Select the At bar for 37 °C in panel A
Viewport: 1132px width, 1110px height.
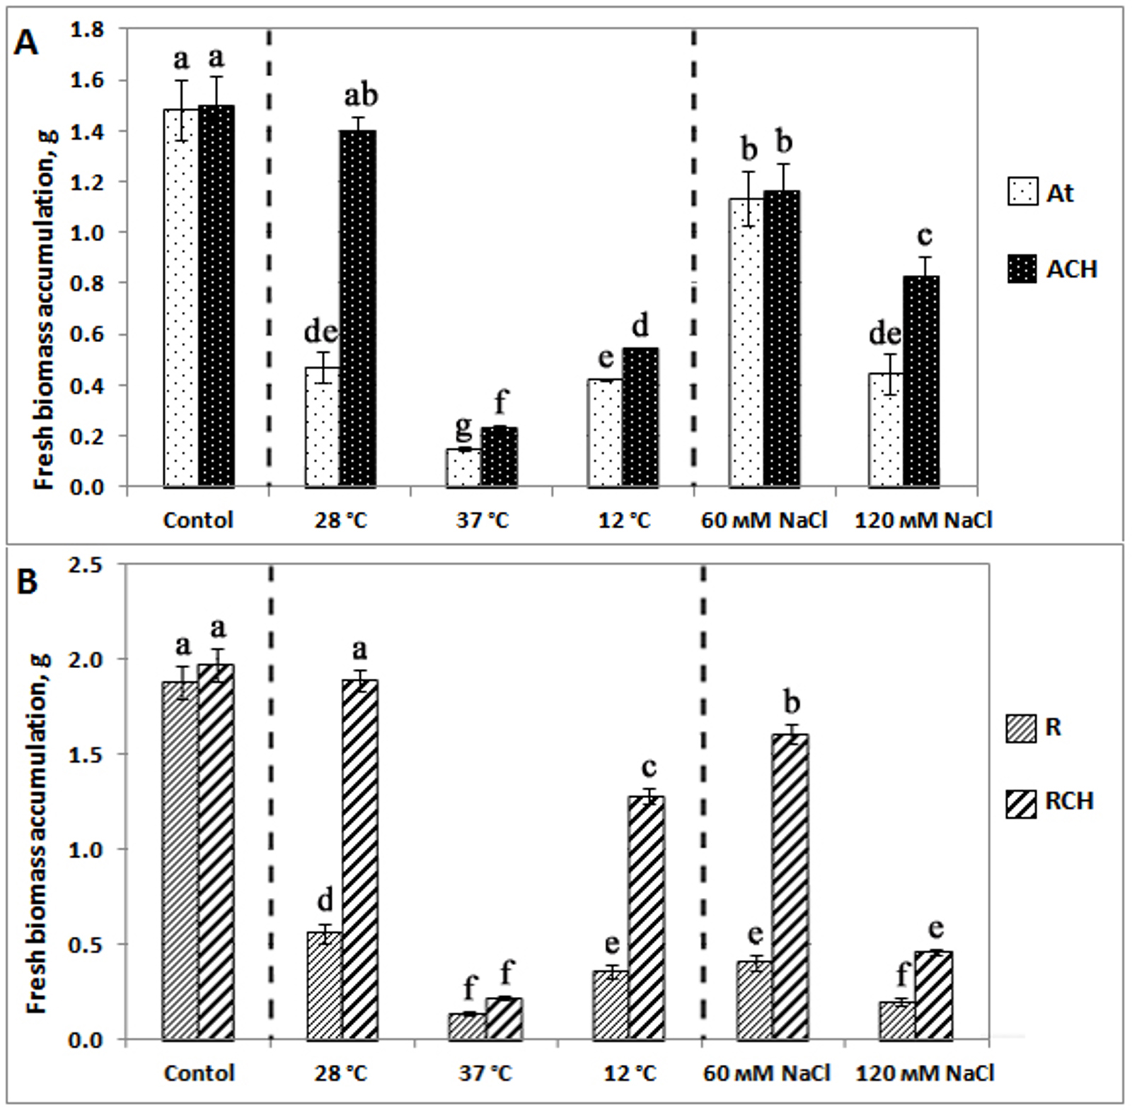(463, 467)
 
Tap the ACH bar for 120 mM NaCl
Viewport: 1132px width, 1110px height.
(922, 381)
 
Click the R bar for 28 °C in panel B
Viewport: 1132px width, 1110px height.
(325, 986)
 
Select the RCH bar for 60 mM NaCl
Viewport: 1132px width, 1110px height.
(790, 887)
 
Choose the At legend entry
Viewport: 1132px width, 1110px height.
(1040, 192)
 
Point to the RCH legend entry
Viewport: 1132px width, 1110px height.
(1050, 802)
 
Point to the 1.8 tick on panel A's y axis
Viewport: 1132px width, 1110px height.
(88, 30)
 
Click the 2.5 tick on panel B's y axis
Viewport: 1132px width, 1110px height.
(88, 565)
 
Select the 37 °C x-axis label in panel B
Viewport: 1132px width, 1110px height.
(485, 1073)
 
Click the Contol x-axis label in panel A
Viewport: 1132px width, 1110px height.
(198, 521)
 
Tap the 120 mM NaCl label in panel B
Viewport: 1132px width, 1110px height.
(925, 1073)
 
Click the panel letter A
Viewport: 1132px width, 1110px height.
(26, 44)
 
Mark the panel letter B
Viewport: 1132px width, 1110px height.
(26, 583)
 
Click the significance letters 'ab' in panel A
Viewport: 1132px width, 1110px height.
(361, 95)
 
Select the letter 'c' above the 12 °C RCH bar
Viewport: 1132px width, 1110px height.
(648, 767)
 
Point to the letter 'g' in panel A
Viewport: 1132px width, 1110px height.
(463, 426)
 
